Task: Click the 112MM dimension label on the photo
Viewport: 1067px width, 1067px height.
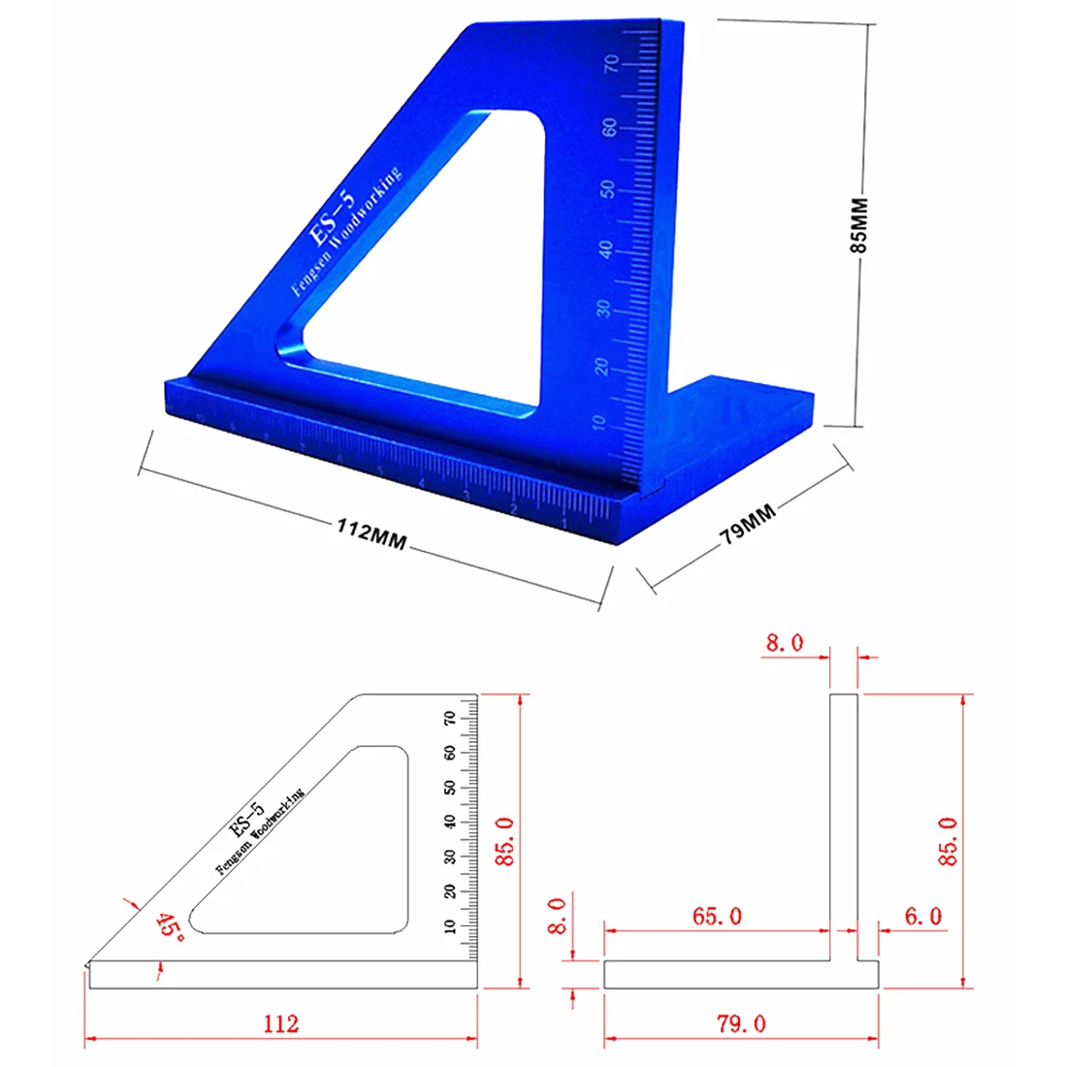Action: click(371, 533)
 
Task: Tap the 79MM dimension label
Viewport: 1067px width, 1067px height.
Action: click(748, 525)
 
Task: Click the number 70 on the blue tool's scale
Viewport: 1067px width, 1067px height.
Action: click(611, 65)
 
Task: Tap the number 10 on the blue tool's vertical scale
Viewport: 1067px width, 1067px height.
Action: click(598, 423)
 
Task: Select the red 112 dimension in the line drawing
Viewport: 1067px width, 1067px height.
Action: click(280, 1024)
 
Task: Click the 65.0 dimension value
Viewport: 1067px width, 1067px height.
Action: click(717, 916)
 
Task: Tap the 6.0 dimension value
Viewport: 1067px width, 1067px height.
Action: click(922, 916)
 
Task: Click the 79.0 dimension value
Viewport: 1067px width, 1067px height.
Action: click(741, 1024)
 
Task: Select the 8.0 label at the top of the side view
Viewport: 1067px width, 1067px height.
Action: click(784, 643)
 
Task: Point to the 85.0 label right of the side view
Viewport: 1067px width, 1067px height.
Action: click(948, 841)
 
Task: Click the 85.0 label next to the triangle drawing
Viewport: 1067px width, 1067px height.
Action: click(506, 841)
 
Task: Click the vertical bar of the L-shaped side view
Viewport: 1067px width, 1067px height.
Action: click(843, 824)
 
